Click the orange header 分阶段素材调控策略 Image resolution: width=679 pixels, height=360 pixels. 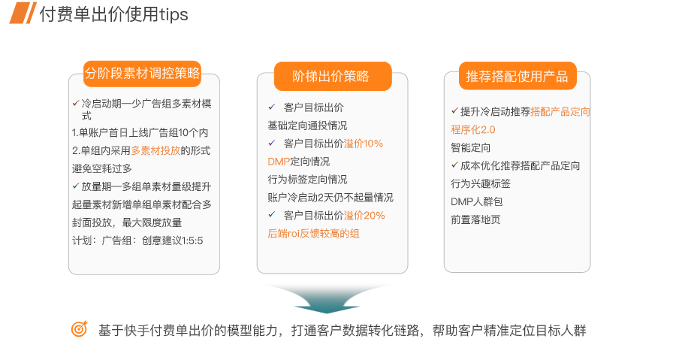[143, 73]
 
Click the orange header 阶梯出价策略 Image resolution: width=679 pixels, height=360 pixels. [331, 76]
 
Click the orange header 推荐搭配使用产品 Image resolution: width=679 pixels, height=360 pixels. [517, 76]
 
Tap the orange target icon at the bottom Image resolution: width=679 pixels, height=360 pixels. [79, 329]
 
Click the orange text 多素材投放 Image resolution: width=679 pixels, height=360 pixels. [155, 150]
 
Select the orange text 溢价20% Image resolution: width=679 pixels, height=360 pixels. [364, 216]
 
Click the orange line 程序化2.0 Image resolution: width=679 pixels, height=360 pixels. [473, 129]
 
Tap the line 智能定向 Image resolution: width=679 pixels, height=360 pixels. [471, 147]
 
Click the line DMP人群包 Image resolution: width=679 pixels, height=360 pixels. [477, 201]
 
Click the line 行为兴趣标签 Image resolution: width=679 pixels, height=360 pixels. [481, 183]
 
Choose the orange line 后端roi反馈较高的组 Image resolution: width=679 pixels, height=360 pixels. [313, 234]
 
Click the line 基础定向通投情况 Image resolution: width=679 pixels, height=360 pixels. [307, 126]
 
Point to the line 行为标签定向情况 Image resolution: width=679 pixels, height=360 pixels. [307, 180]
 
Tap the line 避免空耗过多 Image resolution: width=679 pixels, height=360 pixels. [102, 168]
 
